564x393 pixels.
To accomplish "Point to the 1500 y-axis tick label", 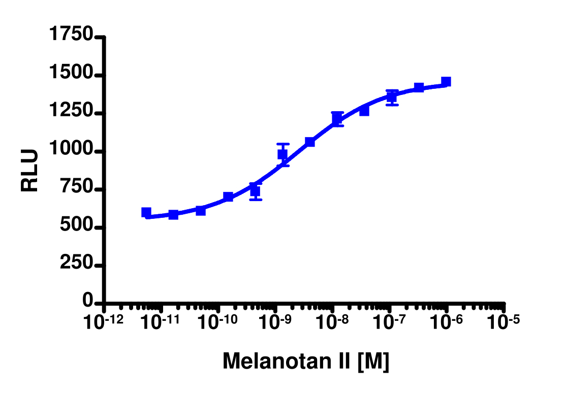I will pyautogui.click(x=71, y=75).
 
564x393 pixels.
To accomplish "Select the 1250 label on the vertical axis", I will pyautogui.click(x=71, y=113).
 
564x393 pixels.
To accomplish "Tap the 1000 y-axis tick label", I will pyautogui.click(x=71, y=151).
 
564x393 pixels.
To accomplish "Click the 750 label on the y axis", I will pyautogui.click(x=76, y=189).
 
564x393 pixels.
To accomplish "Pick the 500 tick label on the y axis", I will pyautogui.click(x=76, y=227).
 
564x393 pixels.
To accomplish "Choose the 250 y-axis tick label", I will pyautogui.click(x=76, y=265).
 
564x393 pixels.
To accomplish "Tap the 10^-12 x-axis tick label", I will pyautogui.click(x=104, y=322).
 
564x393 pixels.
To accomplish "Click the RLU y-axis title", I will pyautogui.click(x=30, y=170).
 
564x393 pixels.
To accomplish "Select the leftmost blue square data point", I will pyautogui.click(x=146, y=212).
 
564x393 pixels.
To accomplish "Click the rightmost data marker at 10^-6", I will pyautogui.click(x=446, y=82).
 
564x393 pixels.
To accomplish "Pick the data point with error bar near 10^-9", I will pyautogui.click(x=283, y=154).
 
